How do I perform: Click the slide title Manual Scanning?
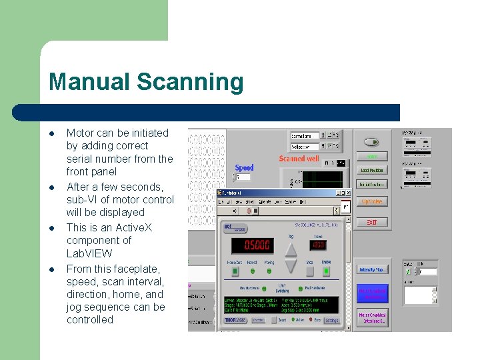[x=146, y=82]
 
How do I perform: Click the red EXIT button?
[x=371, y=221]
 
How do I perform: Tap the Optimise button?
[x=371, y=201]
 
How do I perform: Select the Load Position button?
[x=371, y=171]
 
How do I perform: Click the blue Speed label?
[x=245, y=168]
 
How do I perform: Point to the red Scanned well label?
[x=299, y=159]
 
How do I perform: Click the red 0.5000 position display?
[x=257, y=245]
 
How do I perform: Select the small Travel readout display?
[x=318, y=245]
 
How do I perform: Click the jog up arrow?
[x=291, y=249]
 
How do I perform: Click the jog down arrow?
[x=291, y=265]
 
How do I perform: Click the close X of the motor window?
[x=347, y=193]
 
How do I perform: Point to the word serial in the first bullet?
[x=81, y=159]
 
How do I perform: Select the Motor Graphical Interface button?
[x=371, y=317]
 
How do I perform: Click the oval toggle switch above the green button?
[x=371, y=141]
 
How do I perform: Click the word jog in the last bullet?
[x=76, y=307]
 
